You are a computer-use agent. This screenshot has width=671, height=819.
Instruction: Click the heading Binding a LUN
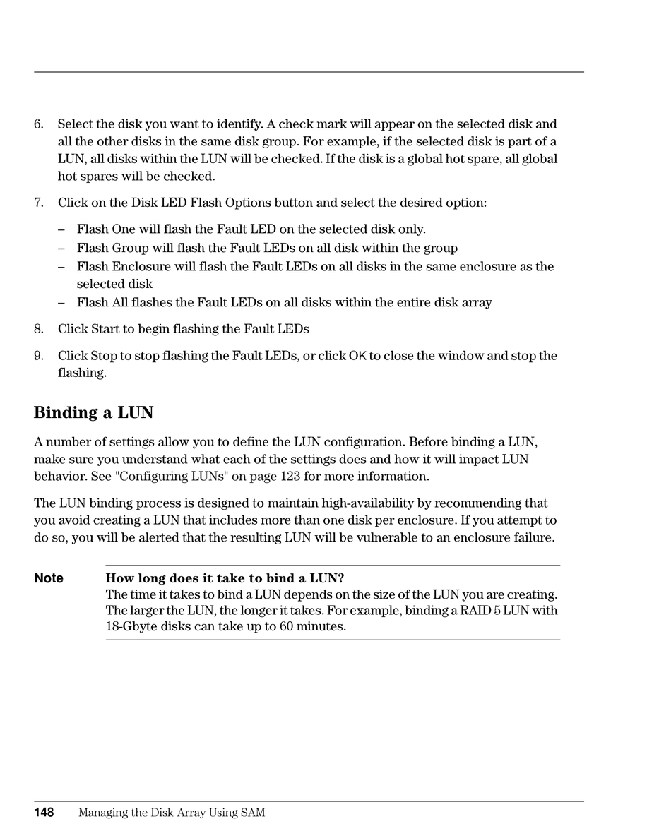(x=93, y=412)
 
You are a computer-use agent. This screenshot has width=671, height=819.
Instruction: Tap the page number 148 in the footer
(x=44, y=813)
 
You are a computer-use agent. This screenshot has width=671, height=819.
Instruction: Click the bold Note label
(x=49, y=578)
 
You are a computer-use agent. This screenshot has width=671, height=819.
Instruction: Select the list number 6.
(x=39, y=124)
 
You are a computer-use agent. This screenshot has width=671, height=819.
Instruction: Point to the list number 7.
(x=39, y=203)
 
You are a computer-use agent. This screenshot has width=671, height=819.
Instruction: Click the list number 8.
(x=39, y=329)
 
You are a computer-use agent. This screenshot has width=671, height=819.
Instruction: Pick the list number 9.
(x=39, y=356)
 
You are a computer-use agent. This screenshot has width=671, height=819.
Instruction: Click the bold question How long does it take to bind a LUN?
(x=225, y=578)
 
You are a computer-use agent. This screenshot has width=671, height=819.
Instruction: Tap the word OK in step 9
(x=357, y=356)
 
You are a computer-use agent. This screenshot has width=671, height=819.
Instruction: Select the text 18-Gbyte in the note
(x=129, y=626)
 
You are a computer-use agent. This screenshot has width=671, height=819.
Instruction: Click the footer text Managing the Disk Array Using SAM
(x=172, y=813)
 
